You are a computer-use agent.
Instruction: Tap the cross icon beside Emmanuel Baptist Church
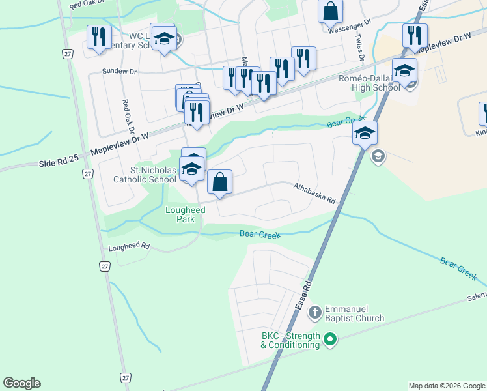(314, 311)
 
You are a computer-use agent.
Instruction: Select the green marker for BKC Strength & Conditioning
(330, 339)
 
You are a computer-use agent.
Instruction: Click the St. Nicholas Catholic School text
(153, 175)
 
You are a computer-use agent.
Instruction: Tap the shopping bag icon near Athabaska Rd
(220, 182)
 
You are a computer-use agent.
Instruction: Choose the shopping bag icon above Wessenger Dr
(331, 11)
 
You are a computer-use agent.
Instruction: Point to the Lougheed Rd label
(130, 247)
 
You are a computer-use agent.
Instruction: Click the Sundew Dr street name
(117, 71)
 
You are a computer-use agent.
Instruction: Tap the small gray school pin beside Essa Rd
(378, 156)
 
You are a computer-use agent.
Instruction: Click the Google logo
(21, 383)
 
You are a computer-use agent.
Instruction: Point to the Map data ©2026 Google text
(447, 386)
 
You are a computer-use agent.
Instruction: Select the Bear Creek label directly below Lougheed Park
(260, 233)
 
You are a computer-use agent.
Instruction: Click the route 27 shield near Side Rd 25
(87, 174)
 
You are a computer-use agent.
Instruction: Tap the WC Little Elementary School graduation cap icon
(165, 38)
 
